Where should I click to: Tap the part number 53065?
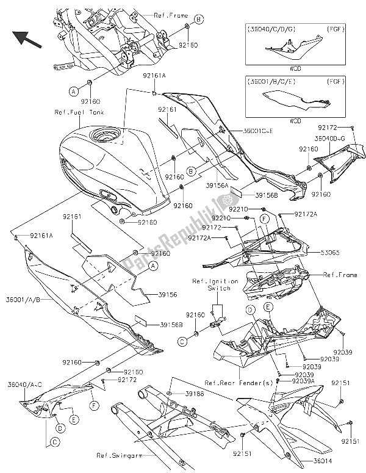click(328, 251)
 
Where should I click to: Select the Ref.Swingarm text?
click(117, 455)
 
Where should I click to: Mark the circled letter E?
click(73, 420)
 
